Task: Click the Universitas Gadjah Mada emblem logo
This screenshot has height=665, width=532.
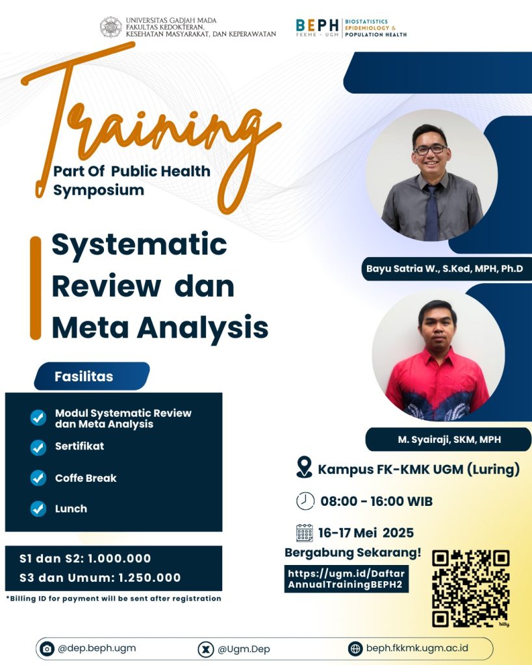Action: (110, 27)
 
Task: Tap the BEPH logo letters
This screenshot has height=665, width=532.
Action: (318, 25)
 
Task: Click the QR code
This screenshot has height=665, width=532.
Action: (470, 588)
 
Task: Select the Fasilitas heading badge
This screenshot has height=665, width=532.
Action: (92, 376)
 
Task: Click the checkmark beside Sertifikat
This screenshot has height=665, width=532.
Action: (38, 447)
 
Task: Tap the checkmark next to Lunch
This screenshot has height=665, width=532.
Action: (38, 509)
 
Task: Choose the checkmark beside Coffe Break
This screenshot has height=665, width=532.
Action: (38, 478)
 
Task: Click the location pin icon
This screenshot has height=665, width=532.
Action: (304, 467)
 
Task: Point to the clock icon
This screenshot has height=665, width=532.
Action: (305, 501)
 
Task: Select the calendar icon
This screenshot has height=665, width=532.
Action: (305, 533)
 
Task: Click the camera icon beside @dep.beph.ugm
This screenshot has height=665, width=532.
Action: (47, 649)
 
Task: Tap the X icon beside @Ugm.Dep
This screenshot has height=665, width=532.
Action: (206, 649)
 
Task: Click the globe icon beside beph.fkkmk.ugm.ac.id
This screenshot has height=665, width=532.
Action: (355, 649)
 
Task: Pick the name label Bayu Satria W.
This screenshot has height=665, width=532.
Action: (444, 269)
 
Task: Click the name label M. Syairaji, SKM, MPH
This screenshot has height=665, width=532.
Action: (449, 440)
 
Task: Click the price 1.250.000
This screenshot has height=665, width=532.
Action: (149, 577)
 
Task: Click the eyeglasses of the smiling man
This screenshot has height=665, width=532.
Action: (430, 150)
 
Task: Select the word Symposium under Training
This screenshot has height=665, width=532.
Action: (99, 190)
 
